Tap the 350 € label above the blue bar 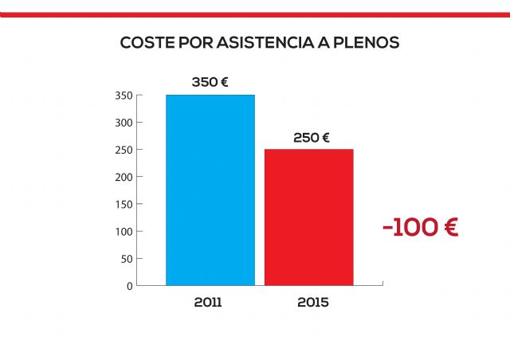tap(210, 82)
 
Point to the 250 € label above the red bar tap(312, 137)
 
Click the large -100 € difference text tap(420, 227)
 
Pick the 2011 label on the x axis tap(208, 303)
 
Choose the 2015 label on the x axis tap(312, 303)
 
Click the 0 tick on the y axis tap(129, 285)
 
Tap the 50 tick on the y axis tap(126, 258)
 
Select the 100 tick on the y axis tap(124, 231)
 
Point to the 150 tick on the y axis tap(124, 204)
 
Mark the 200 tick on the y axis tap(124, 177)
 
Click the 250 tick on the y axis tap(124, 150)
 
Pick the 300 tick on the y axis tap(124, 123)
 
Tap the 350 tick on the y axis tap(124, 96)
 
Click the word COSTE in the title tap(143, 42)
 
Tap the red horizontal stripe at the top tap(255, 14)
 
